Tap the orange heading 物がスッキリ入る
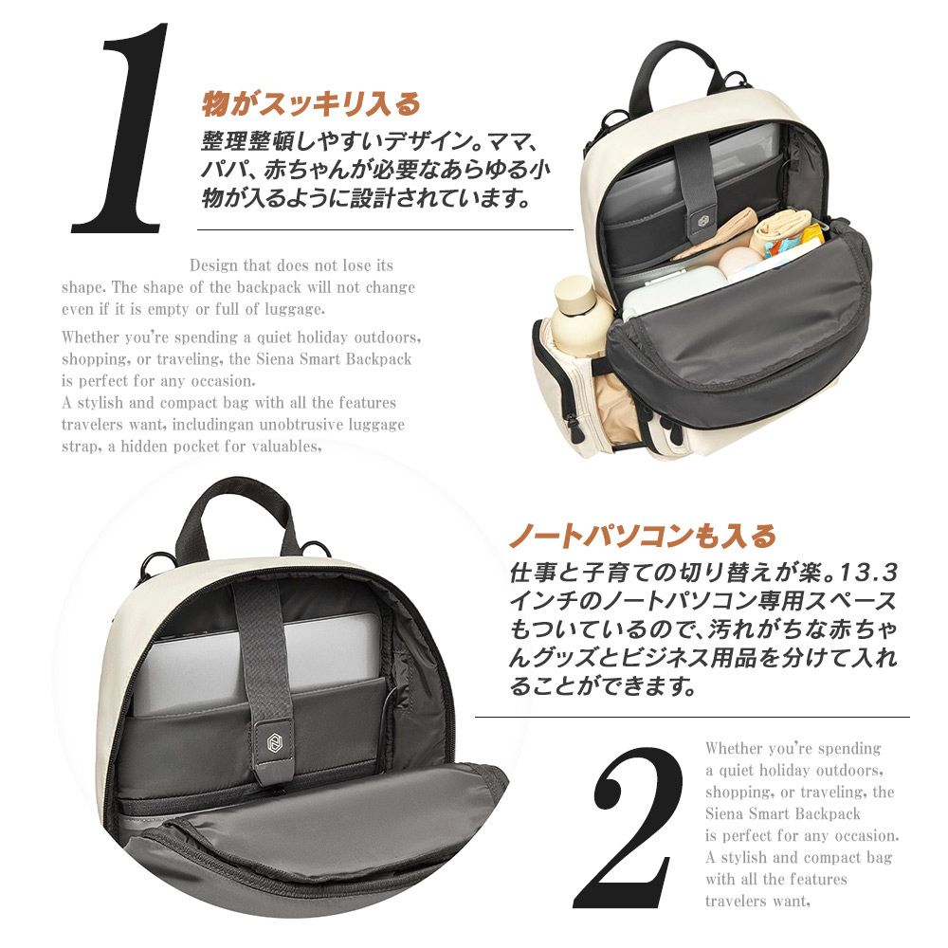(310, 102)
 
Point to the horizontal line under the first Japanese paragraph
(385, 229)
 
